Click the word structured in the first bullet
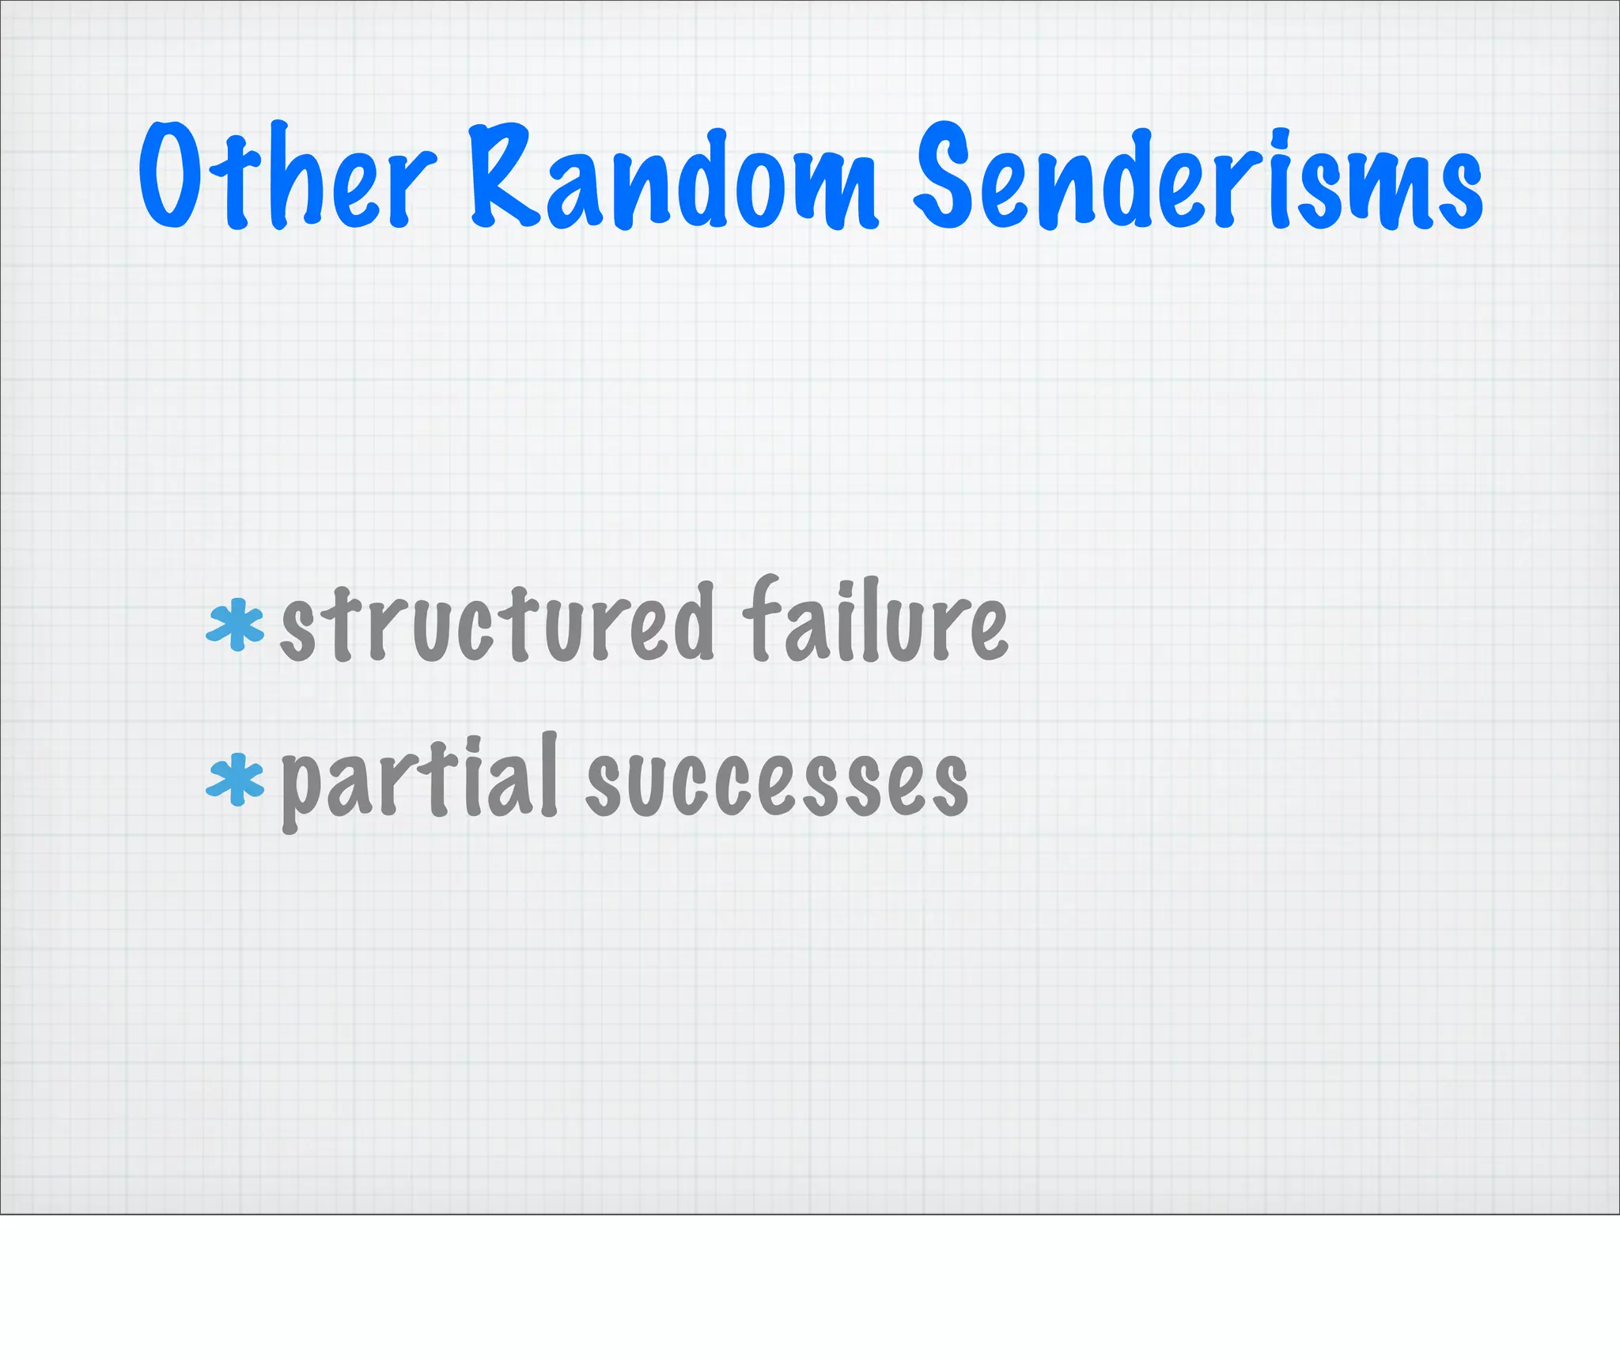click(498, 625)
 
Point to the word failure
click(875, 621)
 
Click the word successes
click(777, 783)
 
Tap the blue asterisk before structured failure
click(234, 625)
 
